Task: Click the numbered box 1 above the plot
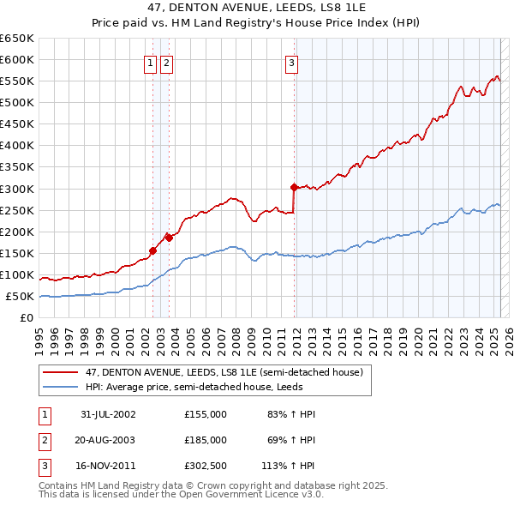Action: [150, 62]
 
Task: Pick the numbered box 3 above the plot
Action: [292, 62]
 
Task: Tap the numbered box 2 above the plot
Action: [165, 62]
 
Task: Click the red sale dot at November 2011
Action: [294, 186]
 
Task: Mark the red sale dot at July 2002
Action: [153, 250]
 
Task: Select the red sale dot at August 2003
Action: [170, 238]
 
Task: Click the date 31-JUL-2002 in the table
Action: [108, 414]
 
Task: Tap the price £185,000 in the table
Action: [206, 440]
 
